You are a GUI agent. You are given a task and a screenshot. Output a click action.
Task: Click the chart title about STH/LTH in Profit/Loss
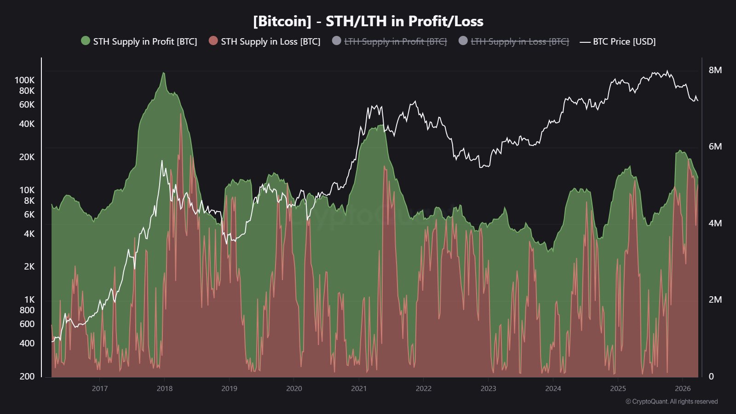pyautogui.click(x=368, y=21)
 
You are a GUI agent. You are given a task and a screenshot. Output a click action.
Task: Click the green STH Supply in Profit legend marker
pyautogui.click(x=86, y=41)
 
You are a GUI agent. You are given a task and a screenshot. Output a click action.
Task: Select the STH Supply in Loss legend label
pyautogui.click(x=270, y=41)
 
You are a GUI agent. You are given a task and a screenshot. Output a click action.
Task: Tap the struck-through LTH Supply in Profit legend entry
pyautogui.click(x=395, y=41)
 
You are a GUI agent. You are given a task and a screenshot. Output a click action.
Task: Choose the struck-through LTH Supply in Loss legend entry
pyautogui.click(x=519, y=41)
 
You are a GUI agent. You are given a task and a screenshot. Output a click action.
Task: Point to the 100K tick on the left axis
pyautogui.click(x=24, y=80)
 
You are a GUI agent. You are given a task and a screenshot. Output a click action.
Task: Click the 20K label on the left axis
pyautogui.click(x=27, y=157)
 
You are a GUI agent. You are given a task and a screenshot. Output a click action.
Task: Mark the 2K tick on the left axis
pyautogui.click(x=29, y=266)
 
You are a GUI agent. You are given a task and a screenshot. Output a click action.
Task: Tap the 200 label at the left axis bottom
pyautogui.click(x=27, y=376)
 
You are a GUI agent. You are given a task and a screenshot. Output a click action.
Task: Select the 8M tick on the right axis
pyautogui.click(x=715, y=70)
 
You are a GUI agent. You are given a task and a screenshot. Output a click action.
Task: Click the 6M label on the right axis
pyautogui.click(x=715, y=146)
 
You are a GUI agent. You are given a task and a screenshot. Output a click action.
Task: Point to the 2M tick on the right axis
pyautogui.click(x=715, y=299)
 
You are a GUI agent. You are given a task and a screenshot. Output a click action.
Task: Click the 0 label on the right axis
pyautogui.click(x=711, y=376)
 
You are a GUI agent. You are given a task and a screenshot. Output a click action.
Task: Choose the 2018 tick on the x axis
pyautogui.click(x=165, y=388)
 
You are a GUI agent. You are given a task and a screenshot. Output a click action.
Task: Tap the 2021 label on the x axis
pyautogui.click(x=359, y=388)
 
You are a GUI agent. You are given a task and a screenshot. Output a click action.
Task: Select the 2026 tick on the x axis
pyautogui.click(x=683, y=388)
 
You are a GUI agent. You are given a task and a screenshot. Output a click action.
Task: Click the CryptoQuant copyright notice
pyautogui.click(x=672, y=402)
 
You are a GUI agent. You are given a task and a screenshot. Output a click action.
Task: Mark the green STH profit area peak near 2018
pyautogui.click(x=163, y=73)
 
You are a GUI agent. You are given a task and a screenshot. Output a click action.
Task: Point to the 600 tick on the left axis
pyautogui.click(x=27, y=324)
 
